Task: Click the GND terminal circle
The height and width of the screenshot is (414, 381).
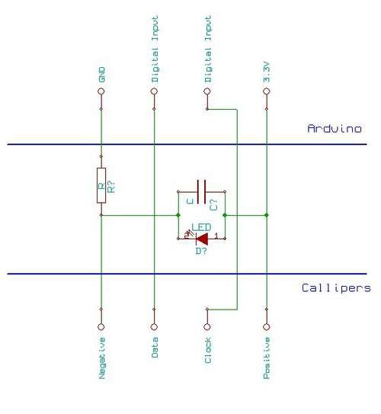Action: coord(101,91)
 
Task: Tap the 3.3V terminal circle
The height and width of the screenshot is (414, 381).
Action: coord(267,91)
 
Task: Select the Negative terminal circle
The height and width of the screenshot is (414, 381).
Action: coord(101,327)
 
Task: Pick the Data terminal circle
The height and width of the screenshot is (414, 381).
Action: coord(154,327)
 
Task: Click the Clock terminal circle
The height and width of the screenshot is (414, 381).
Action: coord(207,327)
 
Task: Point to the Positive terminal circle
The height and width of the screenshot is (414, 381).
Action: coord(267,327)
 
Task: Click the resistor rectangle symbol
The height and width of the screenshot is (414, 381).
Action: coord(101,185)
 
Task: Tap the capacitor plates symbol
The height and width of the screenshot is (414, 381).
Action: coord(202,191)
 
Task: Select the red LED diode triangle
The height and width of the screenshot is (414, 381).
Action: coord(202,239)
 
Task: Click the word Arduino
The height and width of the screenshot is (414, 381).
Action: coord(335,129)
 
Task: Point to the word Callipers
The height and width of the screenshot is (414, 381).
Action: coord(336,288)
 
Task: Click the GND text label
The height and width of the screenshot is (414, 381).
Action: coord(101,75)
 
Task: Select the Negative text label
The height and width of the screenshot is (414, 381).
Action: coord(102,358)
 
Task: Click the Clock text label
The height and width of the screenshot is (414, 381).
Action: coord(208,350)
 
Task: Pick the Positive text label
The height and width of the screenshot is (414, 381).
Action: coord(267,358)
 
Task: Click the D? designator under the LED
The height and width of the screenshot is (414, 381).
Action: coord(201,251)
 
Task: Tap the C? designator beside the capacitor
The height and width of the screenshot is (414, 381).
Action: coord(213,205)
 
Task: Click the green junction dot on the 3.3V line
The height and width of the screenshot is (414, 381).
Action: coord(267,215)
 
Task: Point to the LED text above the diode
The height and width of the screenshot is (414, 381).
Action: coord(201,227)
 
